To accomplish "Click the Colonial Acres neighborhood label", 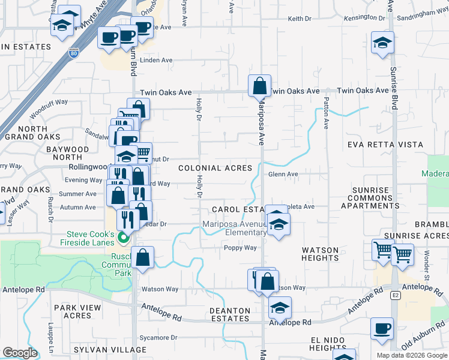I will pos(215,168).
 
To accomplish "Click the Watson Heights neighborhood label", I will pos(321,254).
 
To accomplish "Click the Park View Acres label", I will pos(73,311).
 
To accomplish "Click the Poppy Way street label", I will pos(241,248).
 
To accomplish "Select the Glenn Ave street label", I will pos(283,175).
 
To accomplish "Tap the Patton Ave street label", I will pos(327,114).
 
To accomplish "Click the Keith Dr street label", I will pos(300,19).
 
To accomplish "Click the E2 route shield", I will pos(396,296).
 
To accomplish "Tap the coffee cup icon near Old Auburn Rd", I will pos(382,329).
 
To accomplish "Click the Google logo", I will pos(20,353).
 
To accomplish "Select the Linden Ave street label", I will pos(156,61).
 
